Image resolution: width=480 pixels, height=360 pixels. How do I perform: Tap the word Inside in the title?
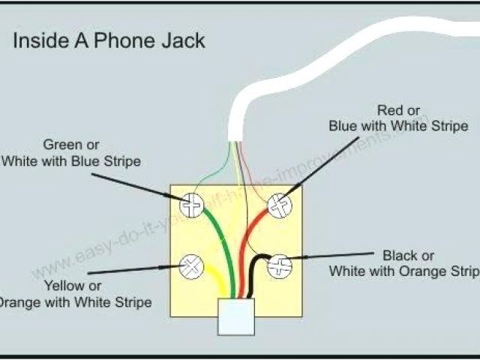[40, 40]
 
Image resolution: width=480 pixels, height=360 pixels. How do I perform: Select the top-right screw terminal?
[279, 205]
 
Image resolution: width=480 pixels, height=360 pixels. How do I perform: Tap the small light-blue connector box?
[234, 316]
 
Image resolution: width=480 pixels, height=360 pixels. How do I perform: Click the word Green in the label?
[61, 145]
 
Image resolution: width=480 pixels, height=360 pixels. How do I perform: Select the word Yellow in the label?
[63, 286]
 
